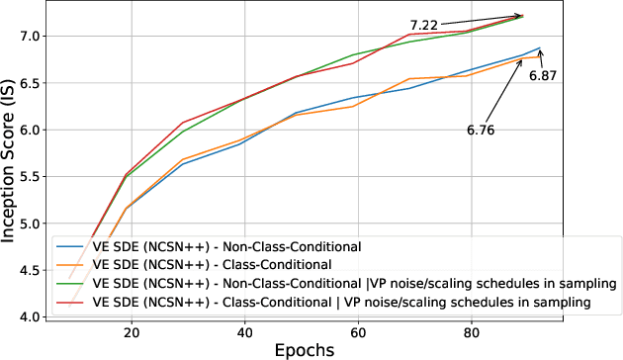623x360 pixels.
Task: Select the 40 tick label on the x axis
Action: pos(244,334)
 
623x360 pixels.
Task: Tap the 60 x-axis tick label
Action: pos(358,334)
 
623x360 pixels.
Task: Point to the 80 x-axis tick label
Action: pos(472,334)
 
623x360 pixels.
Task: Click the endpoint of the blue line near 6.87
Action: pos(540,47)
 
